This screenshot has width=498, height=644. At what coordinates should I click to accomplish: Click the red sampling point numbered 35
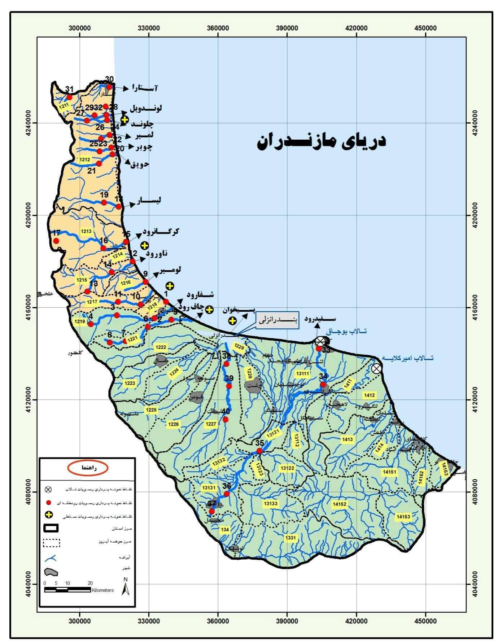[259, 451]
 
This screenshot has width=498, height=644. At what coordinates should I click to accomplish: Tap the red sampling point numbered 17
[56, 241]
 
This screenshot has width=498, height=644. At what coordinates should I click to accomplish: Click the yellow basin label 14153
[403, 517]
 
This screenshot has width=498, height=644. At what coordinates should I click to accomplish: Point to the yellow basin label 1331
[290, 538]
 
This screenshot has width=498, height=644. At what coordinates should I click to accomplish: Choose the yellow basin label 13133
[270, 503]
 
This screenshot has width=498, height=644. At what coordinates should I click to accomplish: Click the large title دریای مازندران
[321, 141]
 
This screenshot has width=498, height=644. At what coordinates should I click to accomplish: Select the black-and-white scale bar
[67, 590]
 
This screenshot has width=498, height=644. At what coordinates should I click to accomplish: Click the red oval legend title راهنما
[88, 468]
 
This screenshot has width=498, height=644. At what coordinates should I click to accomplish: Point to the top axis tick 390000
[287, 28]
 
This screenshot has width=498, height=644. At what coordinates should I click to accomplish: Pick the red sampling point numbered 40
[226, 419]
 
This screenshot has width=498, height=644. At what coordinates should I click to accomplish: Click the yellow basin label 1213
[86, 231]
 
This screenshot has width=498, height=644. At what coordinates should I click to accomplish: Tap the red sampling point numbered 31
[69, 97]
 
